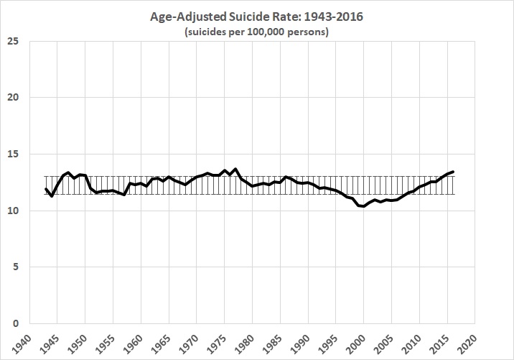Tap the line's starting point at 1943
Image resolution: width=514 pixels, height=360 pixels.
click(x=45, y=189)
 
